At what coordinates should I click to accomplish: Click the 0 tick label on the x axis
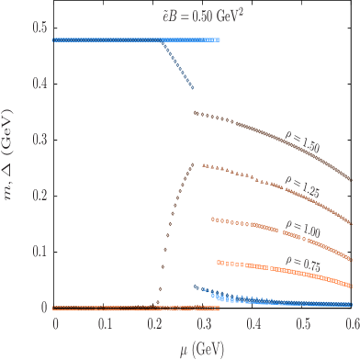(x=55, y=325)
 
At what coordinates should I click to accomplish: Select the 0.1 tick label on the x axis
(x=105, y=325)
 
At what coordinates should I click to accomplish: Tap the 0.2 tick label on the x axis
(x=154, y=325)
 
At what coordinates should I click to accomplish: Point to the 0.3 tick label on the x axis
(x=204, y=325)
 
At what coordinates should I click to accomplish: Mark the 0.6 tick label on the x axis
(x=350, y=325)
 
